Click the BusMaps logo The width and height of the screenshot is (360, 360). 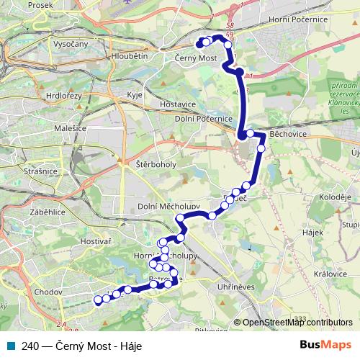coord(325,344)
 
